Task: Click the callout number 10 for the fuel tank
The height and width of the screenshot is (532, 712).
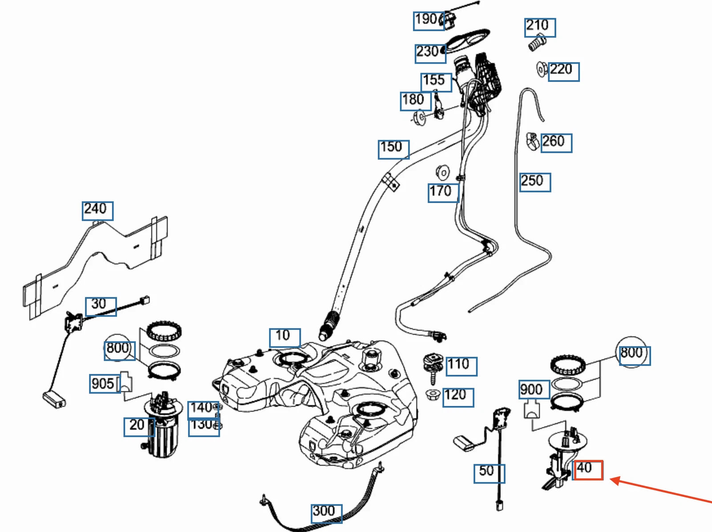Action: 284,337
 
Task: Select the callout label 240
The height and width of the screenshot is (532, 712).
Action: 97,210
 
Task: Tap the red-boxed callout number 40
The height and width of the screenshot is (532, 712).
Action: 588,470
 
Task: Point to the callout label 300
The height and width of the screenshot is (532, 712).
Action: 326,513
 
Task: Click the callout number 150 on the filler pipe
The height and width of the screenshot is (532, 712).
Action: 393,149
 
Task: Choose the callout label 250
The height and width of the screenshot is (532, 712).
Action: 535,182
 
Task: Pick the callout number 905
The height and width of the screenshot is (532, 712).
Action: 105,384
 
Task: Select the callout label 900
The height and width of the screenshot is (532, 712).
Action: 534,390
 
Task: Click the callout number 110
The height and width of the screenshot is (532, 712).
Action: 461,366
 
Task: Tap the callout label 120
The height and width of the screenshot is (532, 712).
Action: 458,397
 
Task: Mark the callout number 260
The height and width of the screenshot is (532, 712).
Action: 556,143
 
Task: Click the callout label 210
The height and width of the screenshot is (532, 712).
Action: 539,27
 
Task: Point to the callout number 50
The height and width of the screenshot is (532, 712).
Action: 489,473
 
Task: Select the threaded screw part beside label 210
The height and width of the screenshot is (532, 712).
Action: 537,43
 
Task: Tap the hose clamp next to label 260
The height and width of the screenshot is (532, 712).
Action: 533,142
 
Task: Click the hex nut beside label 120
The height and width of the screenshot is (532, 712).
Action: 433,394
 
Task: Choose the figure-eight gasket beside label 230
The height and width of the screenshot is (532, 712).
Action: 467,40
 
